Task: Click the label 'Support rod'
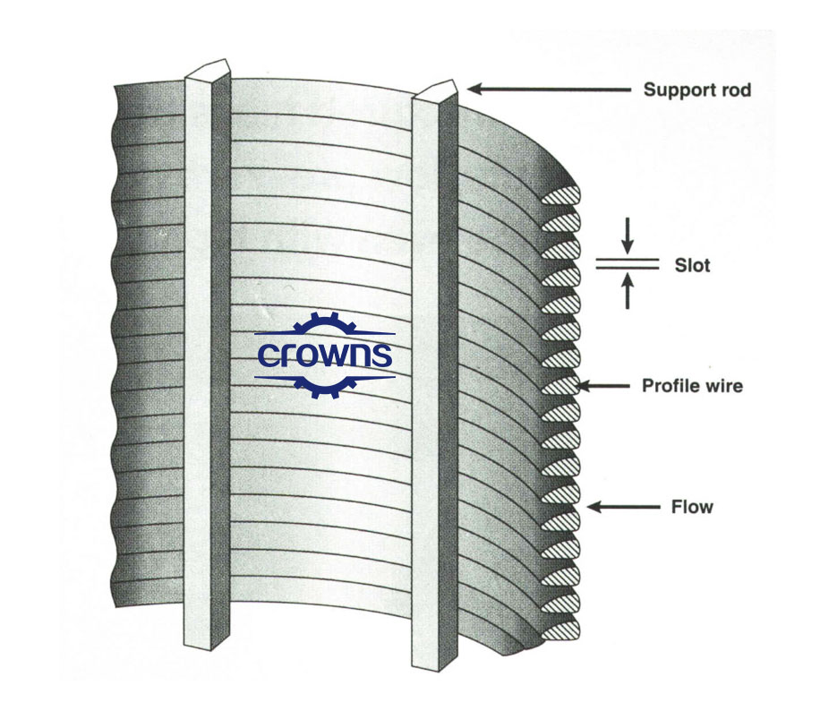pyautogui.click(x=697, y=90)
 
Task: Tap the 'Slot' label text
pyautogui.click(x=691, y=265)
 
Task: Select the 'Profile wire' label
pyautogui.click(x=692, y=387)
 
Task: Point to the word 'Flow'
pyautogui.click(x=692, y=508)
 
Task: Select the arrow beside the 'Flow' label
pyautogui.click(x=622, y=508)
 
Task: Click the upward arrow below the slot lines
pyautogui.click(x=628, y=291)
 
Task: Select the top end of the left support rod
pyautogui.click(x=208, y=71)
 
